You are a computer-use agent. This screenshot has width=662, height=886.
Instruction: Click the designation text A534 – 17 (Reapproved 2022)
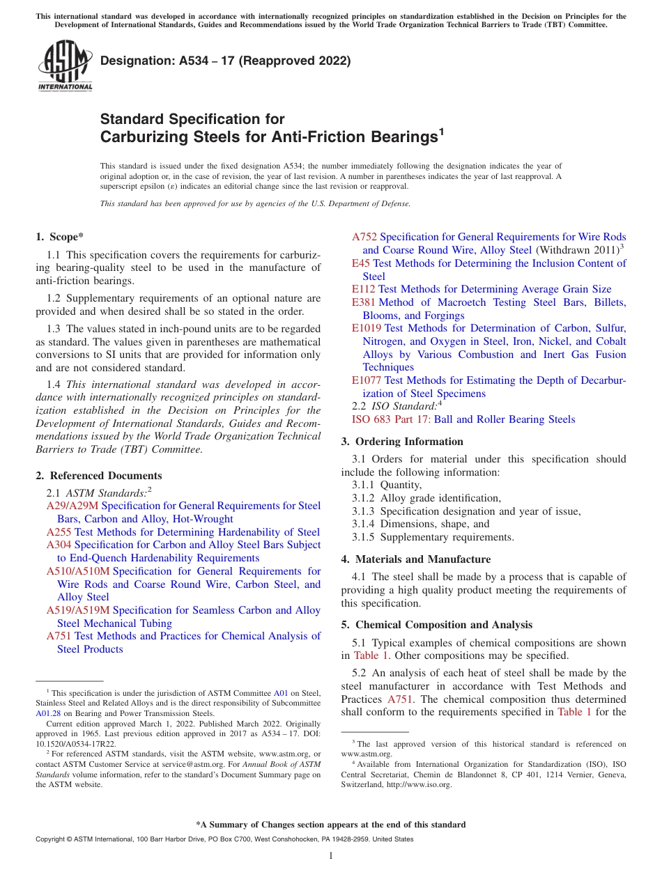click(225, 61)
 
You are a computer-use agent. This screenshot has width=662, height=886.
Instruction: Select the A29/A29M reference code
click(72, 506)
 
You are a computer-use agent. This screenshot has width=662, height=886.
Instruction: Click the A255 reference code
click(59, 532)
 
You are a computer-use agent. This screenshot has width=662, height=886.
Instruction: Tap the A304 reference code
click(59, 545)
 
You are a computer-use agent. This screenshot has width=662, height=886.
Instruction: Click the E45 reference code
click(361, 263)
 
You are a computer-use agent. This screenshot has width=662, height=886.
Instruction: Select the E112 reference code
click(364, 289)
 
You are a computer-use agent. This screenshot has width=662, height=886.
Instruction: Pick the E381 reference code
click(364, 302)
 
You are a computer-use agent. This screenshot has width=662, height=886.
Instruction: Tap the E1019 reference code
click(367, 328)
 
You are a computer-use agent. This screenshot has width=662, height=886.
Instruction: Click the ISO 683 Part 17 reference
click(391, 419)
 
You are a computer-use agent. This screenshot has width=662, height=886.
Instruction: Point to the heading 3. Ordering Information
click(402, 442)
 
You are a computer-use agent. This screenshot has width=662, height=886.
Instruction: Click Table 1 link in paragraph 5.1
click(366, 655)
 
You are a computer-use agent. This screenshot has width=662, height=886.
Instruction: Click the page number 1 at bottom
click(331, 855)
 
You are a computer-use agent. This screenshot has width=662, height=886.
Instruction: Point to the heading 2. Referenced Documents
click(99, 476)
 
